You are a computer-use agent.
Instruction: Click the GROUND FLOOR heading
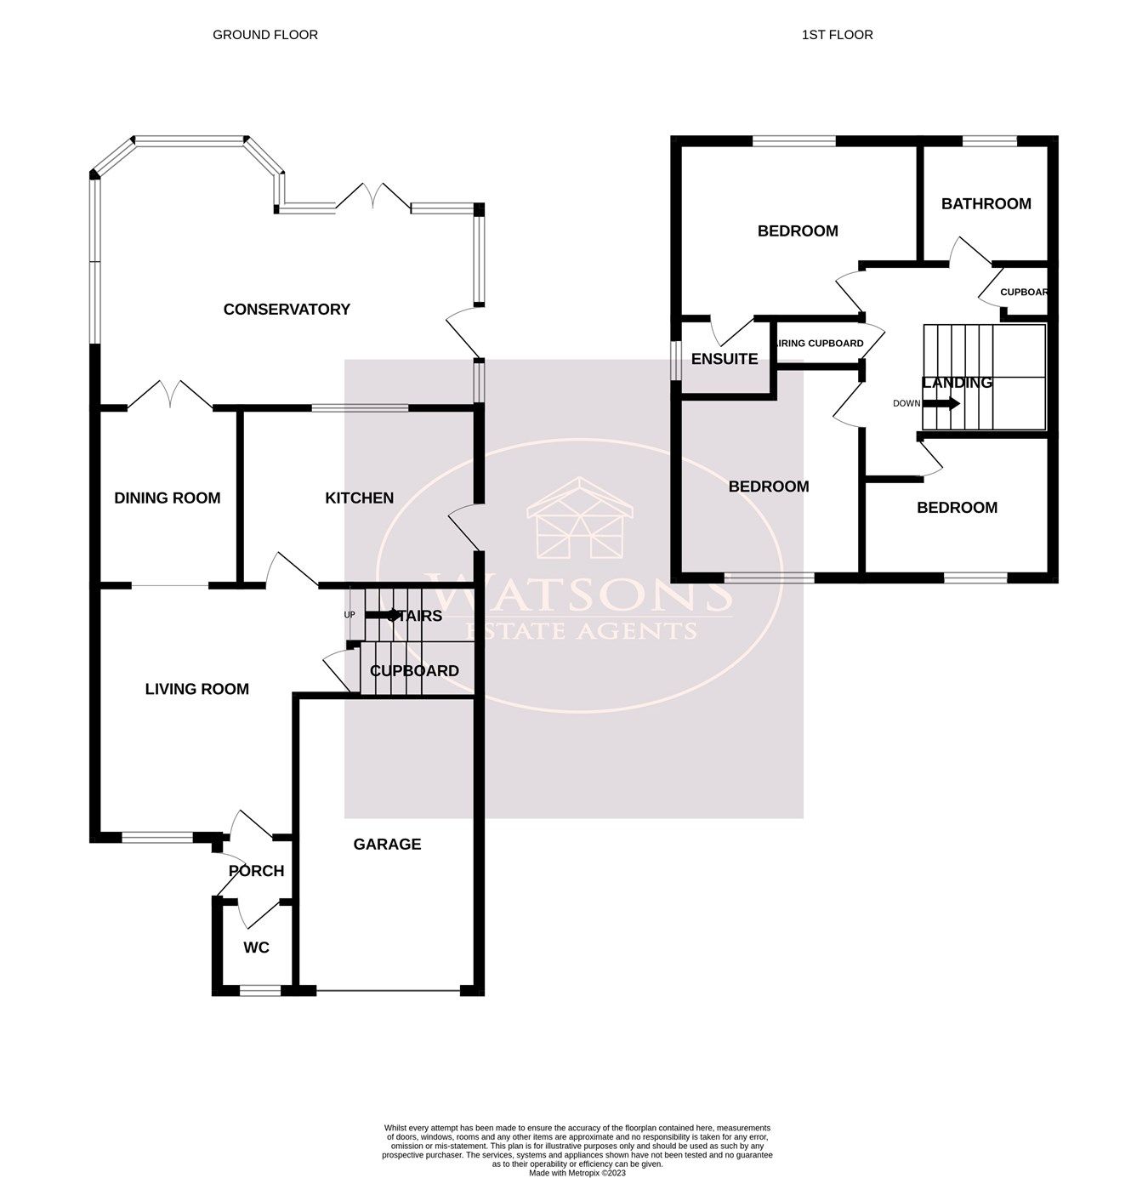coord(264,35)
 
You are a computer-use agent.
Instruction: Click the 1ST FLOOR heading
coord(837,35)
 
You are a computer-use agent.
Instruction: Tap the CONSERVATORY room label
coord(287,310)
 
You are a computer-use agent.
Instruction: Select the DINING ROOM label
coord(168,498)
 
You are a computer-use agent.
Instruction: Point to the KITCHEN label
coord(359,498)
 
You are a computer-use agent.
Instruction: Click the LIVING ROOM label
coord(196,690)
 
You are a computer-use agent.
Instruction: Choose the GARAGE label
coord(387,845)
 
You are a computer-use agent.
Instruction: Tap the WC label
coord(256,948)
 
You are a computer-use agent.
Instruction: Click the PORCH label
coord(256,871)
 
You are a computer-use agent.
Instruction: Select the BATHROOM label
coord(986,204)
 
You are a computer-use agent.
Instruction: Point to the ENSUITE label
coord(724,359)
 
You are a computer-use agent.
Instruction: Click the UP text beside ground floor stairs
coord(349,615)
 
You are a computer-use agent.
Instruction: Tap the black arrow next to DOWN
coord(941,403)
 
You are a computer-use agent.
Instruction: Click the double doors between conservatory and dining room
coord(170,396)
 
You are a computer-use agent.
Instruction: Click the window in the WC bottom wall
coord(259,990)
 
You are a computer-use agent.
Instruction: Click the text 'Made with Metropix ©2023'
coord(577,1173)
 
